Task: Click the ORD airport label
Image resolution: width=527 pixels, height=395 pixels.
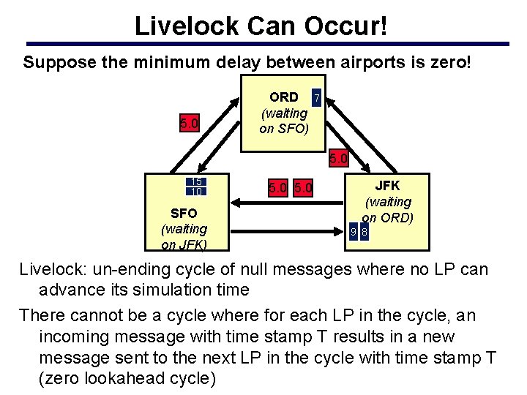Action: (x=284, y=97)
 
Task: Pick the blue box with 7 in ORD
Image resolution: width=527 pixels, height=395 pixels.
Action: (x=315, y=97)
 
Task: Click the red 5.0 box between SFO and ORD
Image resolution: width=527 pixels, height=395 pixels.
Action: (x=190, y=124)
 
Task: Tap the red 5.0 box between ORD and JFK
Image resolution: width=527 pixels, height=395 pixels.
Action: (x=338, y=157)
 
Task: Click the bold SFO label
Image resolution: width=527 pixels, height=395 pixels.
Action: (x=184, y=213)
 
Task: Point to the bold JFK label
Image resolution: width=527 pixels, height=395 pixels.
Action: (x=388, y=186)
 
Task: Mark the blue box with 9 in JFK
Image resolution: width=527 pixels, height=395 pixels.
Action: (x=353, y=233)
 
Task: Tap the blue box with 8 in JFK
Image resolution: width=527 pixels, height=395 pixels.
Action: (x=365, y=233)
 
